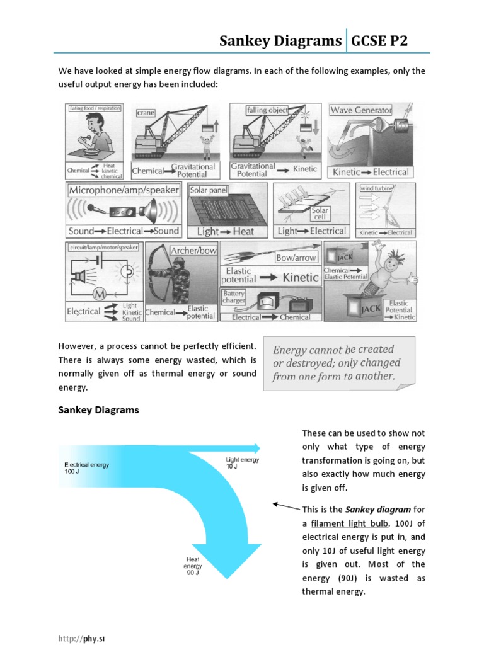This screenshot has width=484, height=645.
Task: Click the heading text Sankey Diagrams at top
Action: [x=280, y=42]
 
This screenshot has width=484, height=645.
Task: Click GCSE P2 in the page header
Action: [x=379, y=42]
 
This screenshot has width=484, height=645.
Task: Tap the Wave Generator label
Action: [x=360, y=110]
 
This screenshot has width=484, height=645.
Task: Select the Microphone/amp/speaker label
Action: [x=124, y=190]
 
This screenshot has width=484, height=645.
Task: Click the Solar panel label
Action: [x=209, y=190]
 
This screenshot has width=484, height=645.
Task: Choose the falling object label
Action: [x=268, y=110]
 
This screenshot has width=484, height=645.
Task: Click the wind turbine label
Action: [x=376, y=188]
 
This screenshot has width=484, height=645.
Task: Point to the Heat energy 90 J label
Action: [x=192, y=566]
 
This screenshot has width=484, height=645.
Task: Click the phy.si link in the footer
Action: [x=87, y=638]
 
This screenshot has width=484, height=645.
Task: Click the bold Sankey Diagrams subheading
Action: [x=98, y=410]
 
